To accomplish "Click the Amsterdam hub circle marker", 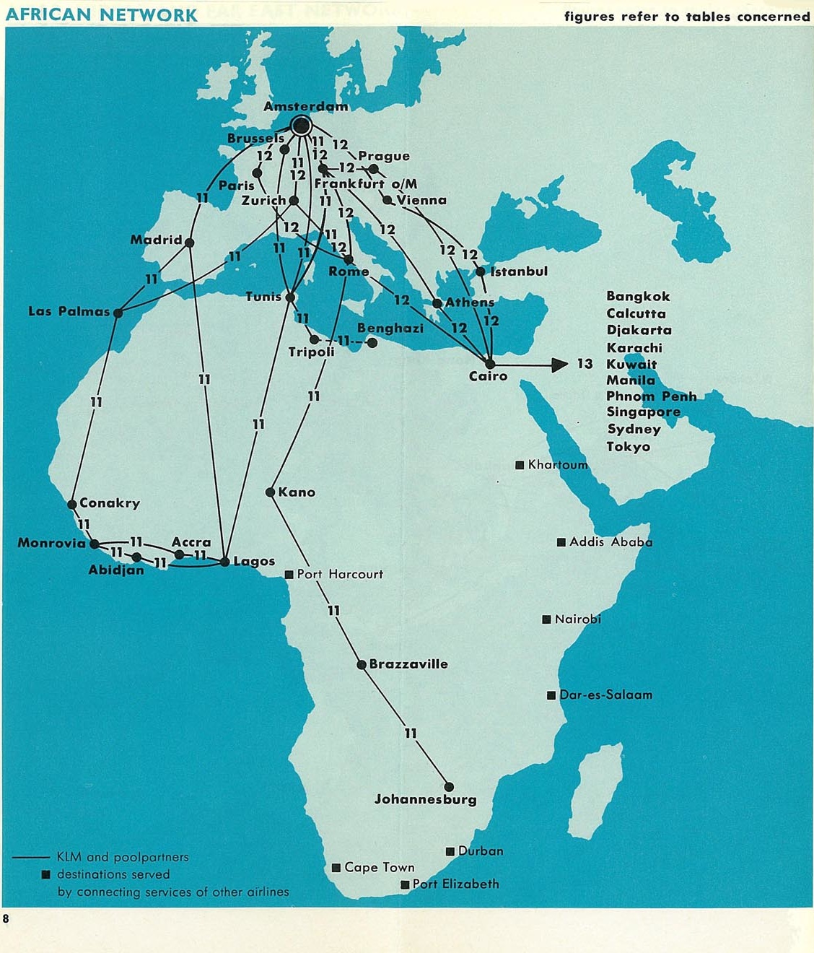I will (x=301, y=126).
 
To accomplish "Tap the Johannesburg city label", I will (x=425, y=799).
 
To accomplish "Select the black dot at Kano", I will (x=271, y=492).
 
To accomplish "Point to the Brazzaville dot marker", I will (x=362, y=664).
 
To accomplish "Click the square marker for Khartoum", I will (x=520, y=465).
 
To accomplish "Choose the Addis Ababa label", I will (x=610, y=541).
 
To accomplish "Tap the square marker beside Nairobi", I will (x=546, y=619).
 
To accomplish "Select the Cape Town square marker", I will (x=336, y=868).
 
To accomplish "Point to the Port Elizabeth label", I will (x=455, y=884).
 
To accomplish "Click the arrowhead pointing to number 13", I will (x=560, y=365).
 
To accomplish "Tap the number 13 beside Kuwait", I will (x=585, y=364).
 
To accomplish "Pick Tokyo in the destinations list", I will (x=628, y=446).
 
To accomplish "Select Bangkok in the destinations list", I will (x=638, y=296).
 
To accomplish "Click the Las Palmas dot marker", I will (x=118, y=313).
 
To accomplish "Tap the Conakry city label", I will (x=110, y=502).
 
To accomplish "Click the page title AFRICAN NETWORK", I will (x=101, y=14).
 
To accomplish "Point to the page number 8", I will (x=6, y=919).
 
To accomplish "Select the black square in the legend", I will (x=46, y=874).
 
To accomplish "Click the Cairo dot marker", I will (x=490, y=364).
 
